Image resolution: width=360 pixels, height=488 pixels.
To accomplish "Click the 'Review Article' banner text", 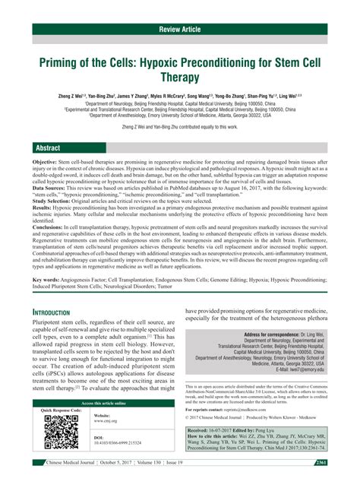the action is [x=179, y=29].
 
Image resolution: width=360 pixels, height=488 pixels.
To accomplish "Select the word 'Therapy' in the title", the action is [x=180, y=77].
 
